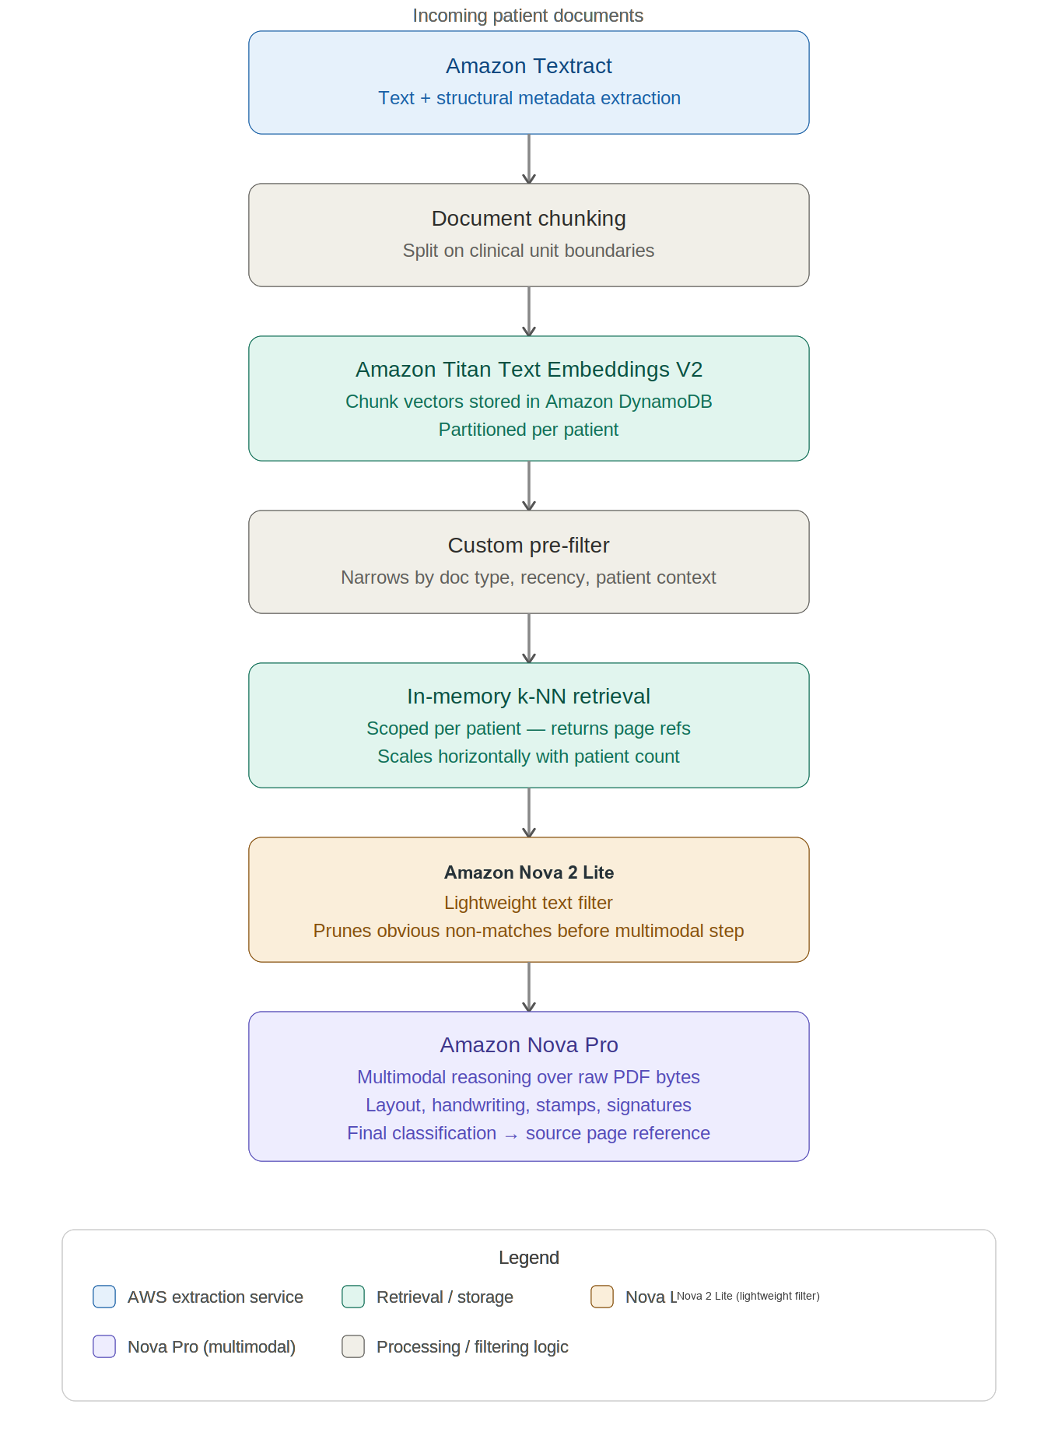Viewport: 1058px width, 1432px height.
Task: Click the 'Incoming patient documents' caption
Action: point(528,16)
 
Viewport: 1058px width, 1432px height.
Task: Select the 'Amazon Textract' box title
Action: point(529,66)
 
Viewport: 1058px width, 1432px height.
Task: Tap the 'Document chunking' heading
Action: point(529,219)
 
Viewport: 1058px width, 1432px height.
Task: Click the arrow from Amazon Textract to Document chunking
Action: point(529,159)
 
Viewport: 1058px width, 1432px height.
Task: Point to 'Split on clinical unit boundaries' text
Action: point(528,251)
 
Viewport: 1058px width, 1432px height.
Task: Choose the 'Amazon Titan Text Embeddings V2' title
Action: point(529,370)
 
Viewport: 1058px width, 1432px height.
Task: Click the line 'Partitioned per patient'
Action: point(528,430)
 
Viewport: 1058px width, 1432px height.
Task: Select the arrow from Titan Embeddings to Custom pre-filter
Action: point(529,486)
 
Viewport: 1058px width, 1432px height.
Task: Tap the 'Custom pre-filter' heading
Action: point(529,546)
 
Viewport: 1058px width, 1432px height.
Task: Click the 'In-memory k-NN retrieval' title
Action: point(529,697)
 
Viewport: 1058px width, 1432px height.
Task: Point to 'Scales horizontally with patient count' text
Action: point(528,756)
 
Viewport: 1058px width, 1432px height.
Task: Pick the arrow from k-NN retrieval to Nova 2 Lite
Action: point(529,813)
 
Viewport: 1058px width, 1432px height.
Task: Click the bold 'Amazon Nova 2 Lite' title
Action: point(529,872)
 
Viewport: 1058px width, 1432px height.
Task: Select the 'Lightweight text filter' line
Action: point(528,903)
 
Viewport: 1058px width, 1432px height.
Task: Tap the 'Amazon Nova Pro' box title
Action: point(529,1045)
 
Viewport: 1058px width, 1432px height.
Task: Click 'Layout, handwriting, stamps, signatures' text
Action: point(528,1105)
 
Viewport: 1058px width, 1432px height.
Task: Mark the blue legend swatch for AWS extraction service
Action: point(104,1297)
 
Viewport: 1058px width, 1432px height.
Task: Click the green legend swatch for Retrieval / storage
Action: point(353,1297)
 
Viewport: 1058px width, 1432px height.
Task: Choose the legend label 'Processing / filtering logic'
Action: point(472,1347)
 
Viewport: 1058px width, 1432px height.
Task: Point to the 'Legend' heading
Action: point(529,1258)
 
